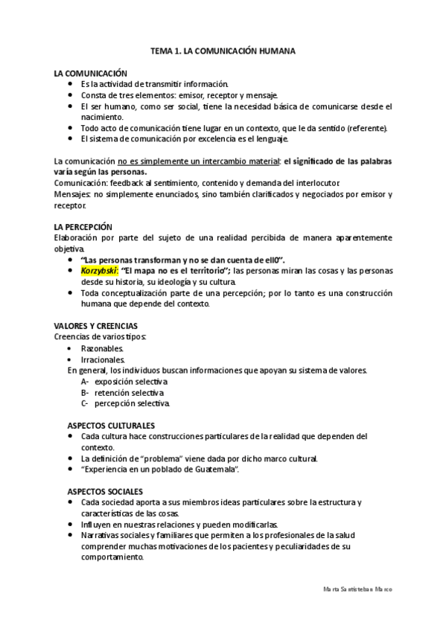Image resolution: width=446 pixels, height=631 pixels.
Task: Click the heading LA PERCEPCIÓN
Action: pyautogui.click(x=83, y=226)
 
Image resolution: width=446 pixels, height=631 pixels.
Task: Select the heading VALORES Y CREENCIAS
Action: pyautogui.click(x=95, y=326)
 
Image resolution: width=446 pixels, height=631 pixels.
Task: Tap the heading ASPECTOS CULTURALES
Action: pyautogui.click(x=111, y=425)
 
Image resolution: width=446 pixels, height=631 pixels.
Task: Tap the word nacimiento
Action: pyautogui.click(x=103, y=117)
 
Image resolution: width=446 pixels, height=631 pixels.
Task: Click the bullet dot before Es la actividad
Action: pyautogui.click(x=69, y=84)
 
